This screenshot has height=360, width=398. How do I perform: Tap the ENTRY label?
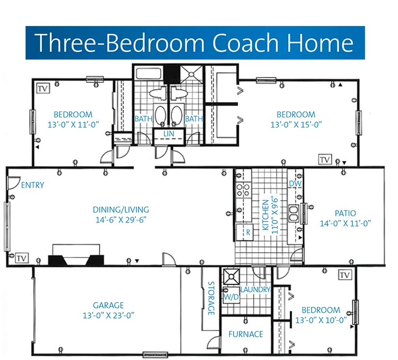point(32,185)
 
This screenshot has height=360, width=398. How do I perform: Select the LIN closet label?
point(169,134)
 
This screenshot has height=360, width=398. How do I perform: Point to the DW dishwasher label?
point(295,183)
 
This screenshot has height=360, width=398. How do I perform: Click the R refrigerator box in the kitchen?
point(245,232)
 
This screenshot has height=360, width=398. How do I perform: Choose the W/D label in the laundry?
point(231,297)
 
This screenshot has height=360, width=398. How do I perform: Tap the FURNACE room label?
point(246,334)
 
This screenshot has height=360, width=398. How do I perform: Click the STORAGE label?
point(211,298)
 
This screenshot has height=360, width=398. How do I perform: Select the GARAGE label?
point(108,305)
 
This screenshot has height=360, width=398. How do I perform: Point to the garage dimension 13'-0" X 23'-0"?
point(108,315)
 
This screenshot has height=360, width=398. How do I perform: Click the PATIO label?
point(345,213)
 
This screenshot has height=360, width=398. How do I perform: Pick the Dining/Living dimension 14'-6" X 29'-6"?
point(121,220)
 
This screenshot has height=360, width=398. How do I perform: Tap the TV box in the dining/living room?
point(22,258)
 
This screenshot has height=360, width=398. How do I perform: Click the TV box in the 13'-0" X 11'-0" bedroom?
point(43,89)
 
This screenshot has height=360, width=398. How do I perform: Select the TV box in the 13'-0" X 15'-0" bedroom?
point(325,159)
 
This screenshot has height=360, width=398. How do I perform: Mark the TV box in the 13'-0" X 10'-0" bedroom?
point(345,275)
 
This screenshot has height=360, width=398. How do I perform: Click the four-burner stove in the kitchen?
point(243,190)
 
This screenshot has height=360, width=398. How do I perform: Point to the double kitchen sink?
point(293,213)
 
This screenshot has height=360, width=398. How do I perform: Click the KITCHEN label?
point(265,215)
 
